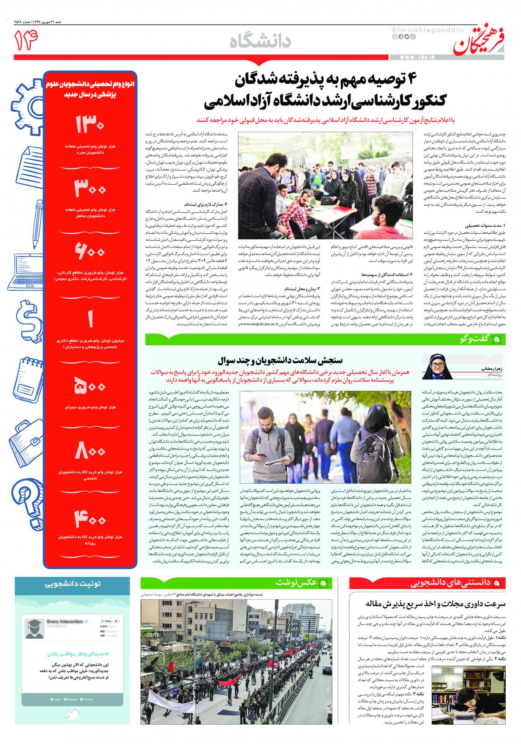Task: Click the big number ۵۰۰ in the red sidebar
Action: tap(91, 387)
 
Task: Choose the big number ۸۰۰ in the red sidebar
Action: tap(91, 451)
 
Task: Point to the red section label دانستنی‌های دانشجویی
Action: tap(455, 583)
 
